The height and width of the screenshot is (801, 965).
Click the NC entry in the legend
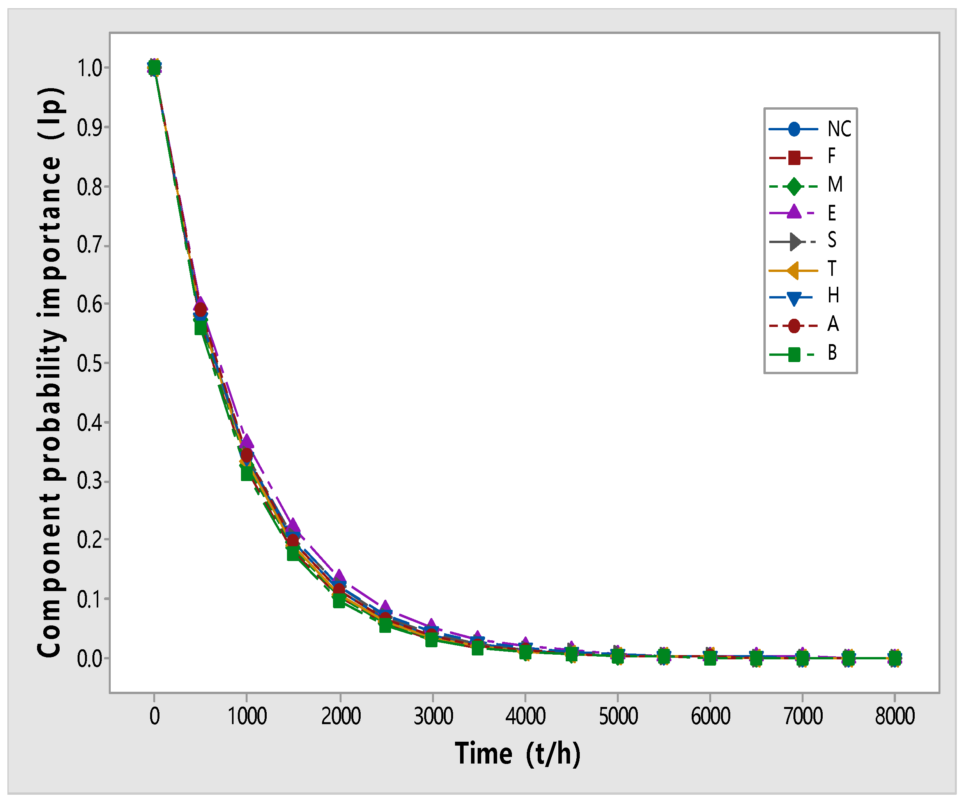[x=839, y=129]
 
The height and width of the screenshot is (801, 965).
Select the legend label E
[x=832, y=213]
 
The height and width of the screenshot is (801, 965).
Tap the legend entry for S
[x=832, y=240]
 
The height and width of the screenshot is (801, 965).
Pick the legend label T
[x=832, y=269]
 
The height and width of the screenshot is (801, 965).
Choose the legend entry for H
[x=833, y=296]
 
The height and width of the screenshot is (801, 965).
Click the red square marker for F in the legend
[x=793, y=158]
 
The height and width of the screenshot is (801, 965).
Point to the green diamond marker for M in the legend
[x=793, y=186]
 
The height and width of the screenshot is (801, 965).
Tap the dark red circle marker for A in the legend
[x=793, y=325]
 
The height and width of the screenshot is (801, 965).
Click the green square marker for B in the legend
[x=793, y=354]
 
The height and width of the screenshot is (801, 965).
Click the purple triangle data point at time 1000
[x=247, y=441]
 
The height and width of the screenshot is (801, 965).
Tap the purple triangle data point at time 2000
[x=340, y=576]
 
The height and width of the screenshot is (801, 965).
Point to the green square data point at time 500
[x=201, y=328]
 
